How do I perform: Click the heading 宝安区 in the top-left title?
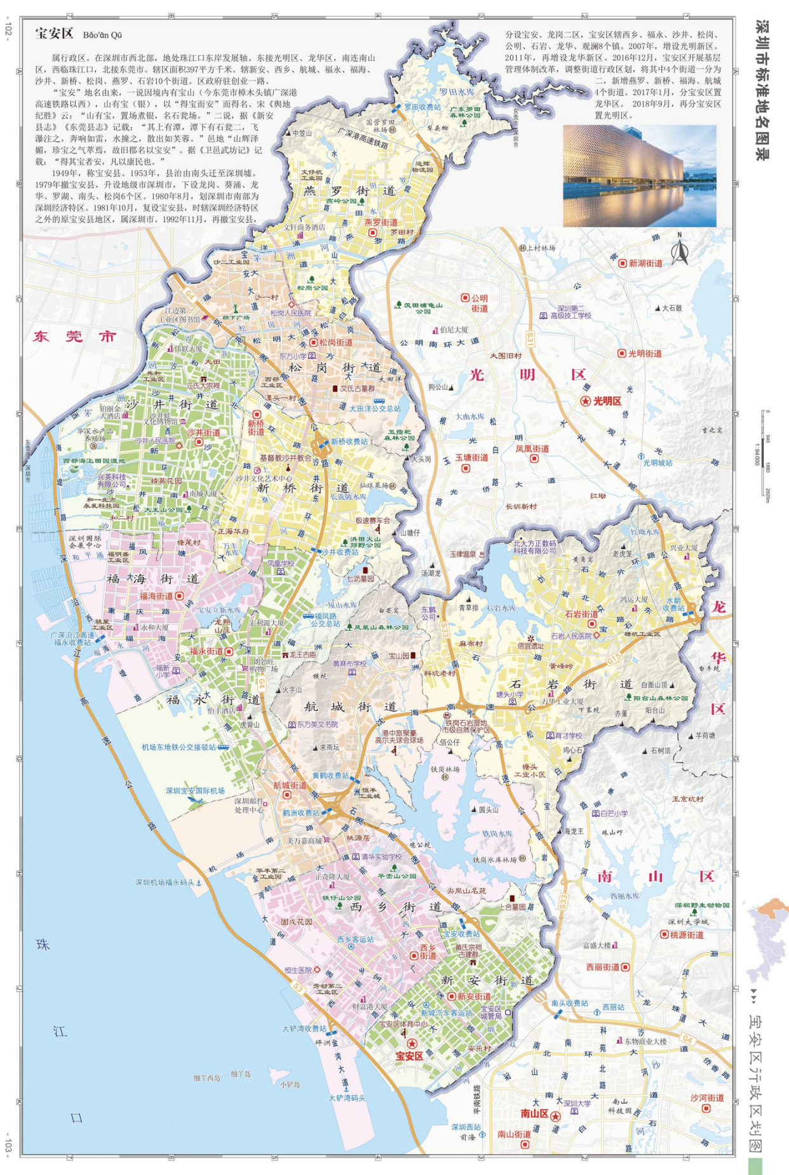point(55,34)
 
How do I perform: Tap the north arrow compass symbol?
point(680,250)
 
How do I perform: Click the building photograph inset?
point(639,175)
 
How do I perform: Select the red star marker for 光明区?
point(585,401)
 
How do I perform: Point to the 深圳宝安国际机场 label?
point(195,790)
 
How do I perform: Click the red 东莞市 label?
point(74,336)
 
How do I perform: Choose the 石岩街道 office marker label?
point(581,614)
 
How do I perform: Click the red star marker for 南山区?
point(555,1116)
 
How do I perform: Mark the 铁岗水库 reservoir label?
point(497,833)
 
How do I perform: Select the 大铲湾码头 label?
point(347,1098)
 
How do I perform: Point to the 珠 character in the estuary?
point(43,945)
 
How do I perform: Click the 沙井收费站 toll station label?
point(341,552)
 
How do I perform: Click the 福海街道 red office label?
point(157,596)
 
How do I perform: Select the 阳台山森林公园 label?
point(661,698)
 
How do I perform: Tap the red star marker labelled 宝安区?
point(412,1044)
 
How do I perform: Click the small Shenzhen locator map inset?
point(767,939)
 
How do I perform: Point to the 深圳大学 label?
point(577,1103)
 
